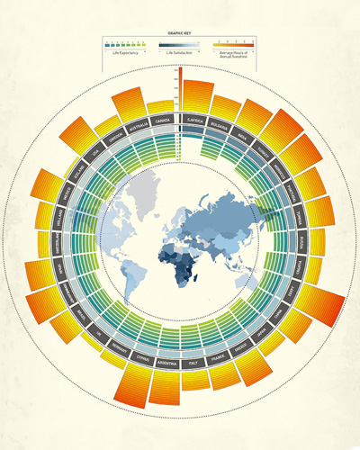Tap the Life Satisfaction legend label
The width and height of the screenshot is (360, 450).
180,54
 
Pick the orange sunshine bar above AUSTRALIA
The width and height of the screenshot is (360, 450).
131,102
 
